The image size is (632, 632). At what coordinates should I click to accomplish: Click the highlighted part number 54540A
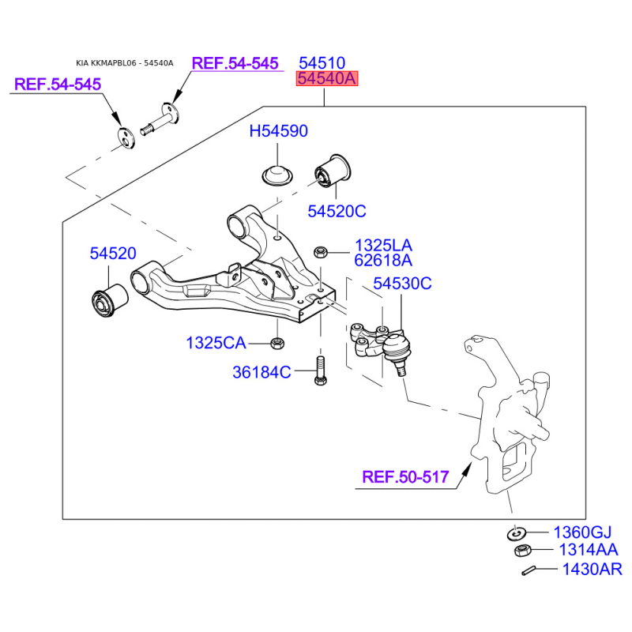327,78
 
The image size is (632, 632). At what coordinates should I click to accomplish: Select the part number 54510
322,63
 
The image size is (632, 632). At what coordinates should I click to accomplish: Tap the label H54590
279,131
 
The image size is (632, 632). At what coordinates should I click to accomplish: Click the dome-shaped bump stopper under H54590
277,175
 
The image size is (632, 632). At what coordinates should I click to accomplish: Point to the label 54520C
337,211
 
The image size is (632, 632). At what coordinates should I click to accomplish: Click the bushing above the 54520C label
333,171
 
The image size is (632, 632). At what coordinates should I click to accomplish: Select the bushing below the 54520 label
110,300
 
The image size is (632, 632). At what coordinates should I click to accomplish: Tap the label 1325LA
383,245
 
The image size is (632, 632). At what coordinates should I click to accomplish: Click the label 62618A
383,261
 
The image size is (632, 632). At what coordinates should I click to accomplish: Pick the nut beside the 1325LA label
320,252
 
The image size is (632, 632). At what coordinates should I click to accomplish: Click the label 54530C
402,284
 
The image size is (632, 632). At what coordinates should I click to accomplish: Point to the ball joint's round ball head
397,345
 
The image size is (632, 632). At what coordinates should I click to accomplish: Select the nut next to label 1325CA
277,343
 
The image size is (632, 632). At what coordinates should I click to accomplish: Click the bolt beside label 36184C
321,371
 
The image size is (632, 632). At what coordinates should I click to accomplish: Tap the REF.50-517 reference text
405,477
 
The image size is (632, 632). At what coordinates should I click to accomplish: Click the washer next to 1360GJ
517,533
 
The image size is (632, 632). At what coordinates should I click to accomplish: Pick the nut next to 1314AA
523,550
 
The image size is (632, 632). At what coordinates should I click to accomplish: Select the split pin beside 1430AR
528,570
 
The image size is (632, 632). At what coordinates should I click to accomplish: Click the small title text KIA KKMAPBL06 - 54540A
125,63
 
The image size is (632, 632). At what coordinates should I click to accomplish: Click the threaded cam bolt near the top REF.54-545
160,120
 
